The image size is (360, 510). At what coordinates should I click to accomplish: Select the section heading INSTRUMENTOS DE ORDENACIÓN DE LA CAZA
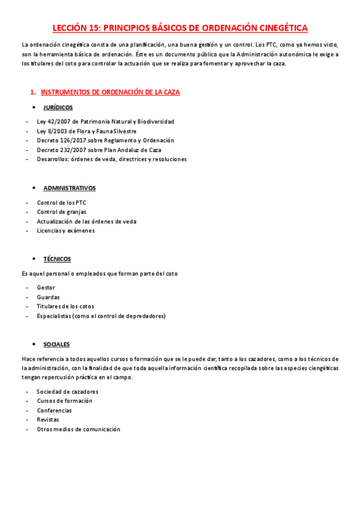(110, 92)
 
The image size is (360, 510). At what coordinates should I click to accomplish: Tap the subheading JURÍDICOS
(58, 108)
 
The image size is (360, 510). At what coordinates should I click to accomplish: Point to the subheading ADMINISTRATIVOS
(69, 188)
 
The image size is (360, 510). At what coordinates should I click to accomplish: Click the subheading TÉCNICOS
(57, 259)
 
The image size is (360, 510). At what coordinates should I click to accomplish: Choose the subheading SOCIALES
(56, 345)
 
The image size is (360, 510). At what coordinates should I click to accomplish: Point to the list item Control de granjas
(61, 212)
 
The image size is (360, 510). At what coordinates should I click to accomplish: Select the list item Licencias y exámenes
(66, 230)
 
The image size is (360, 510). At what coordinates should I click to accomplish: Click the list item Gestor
(46, 287)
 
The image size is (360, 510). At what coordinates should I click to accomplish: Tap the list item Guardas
(48, 297)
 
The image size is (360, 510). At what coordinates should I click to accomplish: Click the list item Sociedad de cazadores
(67, 392)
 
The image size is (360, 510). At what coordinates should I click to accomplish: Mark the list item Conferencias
(54, 411)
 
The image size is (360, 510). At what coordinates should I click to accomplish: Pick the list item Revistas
(49, 420)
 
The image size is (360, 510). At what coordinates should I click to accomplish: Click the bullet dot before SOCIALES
(34, 345)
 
